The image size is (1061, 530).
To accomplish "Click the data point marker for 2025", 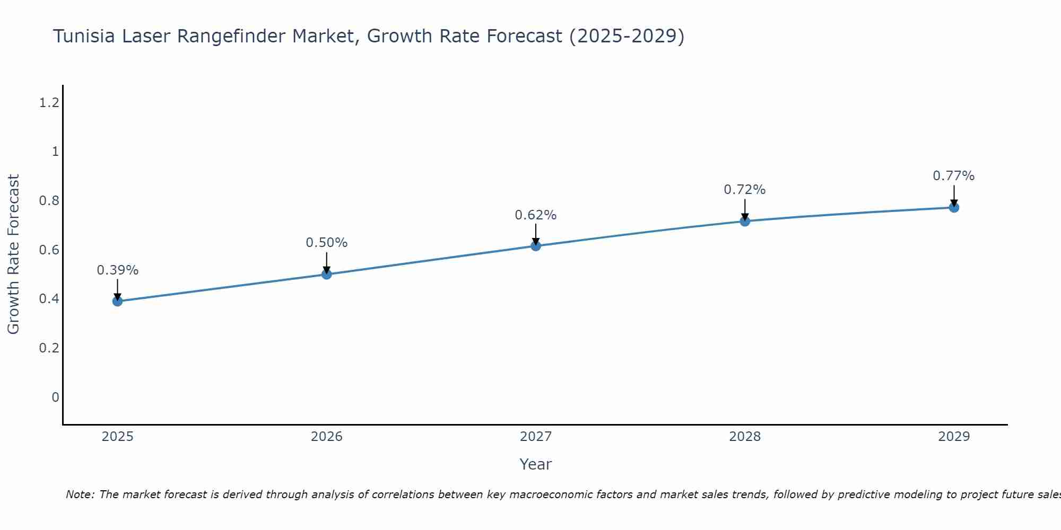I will [117, 301].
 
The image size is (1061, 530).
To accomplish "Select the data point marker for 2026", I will [326, 274].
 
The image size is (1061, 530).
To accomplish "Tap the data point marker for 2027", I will [535, 245].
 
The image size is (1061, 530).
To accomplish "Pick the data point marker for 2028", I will [744, 221].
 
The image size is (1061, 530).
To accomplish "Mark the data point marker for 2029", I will [953, 207].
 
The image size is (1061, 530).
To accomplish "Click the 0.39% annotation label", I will [117, 270].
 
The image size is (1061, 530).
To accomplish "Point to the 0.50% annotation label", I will [326, 243].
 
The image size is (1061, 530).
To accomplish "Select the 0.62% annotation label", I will [535, 215].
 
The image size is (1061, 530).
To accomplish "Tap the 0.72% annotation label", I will [744, 190].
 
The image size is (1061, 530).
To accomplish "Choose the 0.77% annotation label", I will [953, 176].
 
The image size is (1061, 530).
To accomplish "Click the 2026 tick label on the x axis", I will [326, 437].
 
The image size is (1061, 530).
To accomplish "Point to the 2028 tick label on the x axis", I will [744, 437].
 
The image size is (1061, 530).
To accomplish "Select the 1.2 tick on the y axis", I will [49, 103].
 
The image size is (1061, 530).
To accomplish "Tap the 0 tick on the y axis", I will [55, 397].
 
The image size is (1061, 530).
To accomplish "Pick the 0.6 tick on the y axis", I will [49, 250].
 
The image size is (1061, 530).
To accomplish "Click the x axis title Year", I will [535, 464].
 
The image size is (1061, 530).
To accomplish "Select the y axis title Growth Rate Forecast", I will [13, 254].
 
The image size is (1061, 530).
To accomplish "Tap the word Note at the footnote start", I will [79, 494].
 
